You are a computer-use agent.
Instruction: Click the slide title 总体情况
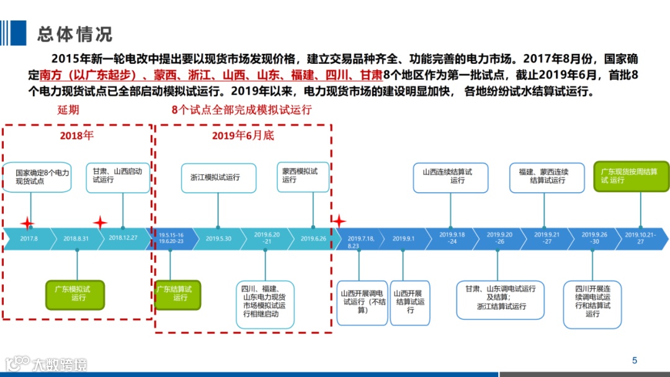[74, 33]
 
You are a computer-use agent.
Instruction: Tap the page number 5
[634, 360]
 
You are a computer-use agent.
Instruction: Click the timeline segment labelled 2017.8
[29, 239]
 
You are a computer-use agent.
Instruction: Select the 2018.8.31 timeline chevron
[76, 239]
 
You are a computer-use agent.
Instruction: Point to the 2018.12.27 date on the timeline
[123, 239]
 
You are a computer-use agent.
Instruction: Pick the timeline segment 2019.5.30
[218, 239]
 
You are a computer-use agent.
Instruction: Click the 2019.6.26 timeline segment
[313, 239]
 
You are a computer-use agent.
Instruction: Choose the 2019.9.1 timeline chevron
[403, 239]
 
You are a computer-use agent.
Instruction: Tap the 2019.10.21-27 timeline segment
[640, 239]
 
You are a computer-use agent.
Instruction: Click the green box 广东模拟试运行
[76, 295]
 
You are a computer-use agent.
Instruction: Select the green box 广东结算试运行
[177, 294]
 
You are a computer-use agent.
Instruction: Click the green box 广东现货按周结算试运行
[631, 176]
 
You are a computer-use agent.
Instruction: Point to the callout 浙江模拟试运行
[218, 177]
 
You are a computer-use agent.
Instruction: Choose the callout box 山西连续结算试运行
[451, 177]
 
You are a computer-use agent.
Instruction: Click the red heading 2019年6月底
[243, 135]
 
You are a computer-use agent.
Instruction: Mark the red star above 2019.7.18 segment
[339, 221]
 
